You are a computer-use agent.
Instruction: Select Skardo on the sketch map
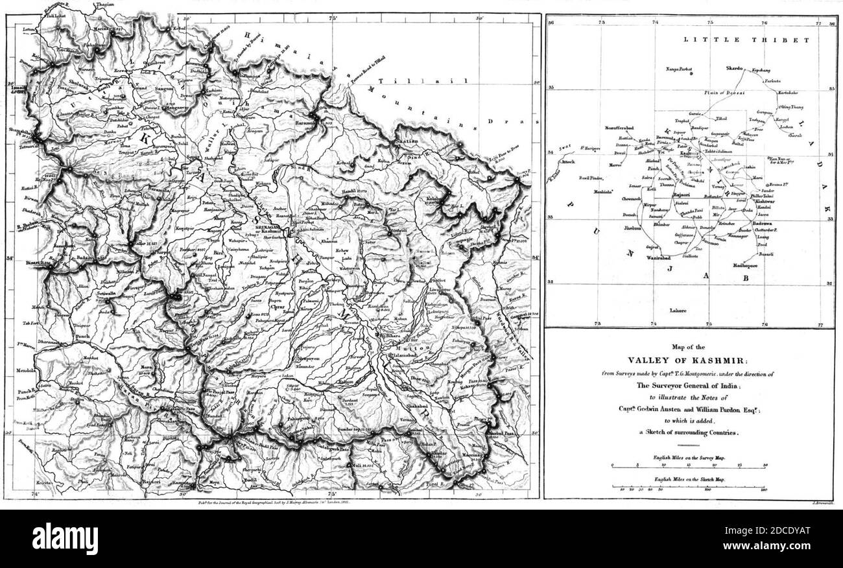pyautogui.click(x=732, y=67)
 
